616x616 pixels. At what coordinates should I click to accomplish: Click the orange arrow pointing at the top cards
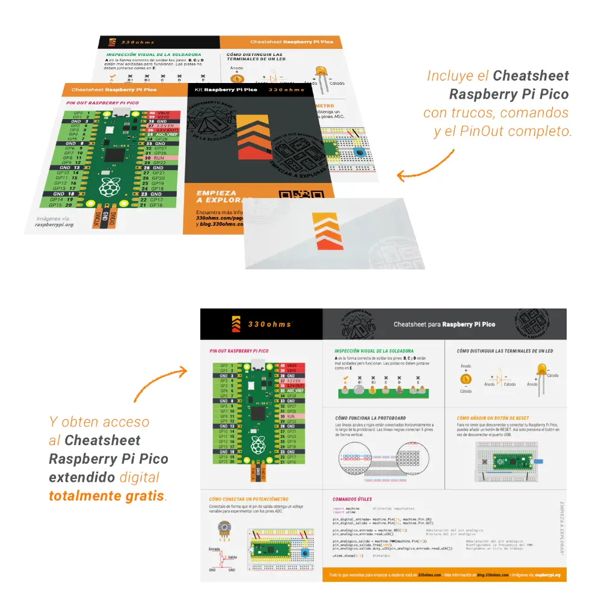point(425,166)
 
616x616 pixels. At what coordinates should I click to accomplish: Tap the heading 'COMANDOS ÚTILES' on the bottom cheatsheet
point(353,499)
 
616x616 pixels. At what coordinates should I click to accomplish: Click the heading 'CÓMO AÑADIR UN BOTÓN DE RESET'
point(493,417)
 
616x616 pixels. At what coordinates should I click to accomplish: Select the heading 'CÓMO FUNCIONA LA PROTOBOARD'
point(372,417)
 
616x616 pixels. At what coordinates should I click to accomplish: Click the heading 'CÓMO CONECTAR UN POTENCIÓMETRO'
point(248,499)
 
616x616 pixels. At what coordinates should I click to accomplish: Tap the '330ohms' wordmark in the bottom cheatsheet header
point(269,324)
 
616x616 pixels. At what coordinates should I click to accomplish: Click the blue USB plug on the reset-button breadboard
point(537,461)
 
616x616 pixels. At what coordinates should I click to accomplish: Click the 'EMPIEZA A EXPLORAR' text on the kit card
point(216,197)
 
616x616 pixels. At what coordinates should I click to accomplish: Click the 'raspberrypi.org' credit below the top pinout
point(54,224)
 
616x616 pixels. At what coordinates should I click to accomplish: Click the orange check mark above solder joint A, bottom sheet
point(345,378)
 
